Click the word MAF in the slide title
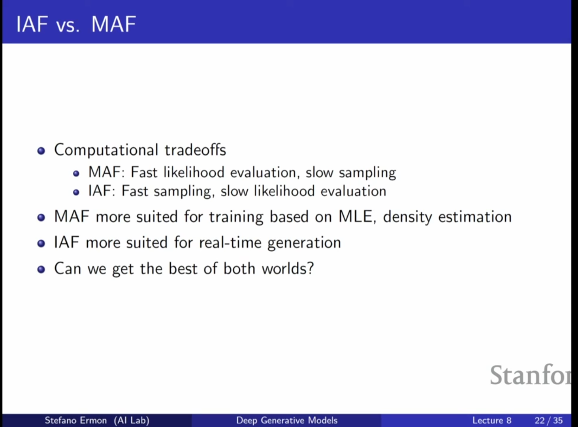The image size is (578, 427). (114, 24)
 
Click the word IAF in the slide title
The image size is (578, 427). (32, 24)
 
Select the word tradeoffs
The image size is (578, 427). (195, 150)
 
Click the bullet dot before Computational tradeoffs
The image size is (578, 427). (41, 150)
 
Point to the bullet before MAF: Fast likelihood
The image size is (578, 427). (76, 173)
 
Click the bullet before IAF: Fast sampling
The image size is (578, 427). (76, 192)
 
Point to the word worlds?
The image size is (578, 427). (288, 268)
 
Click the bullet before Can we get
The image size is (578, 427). (41, 269)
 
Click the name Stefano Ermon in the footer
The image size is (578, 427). (75, 420)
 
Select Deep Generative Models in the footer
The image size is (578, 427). (287, 420)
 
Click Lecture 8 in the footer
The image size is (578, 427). (492, 420)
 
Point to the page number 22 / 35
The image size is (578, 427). (549, 420)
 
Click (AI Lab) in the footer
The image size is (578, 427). (132, 420)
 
